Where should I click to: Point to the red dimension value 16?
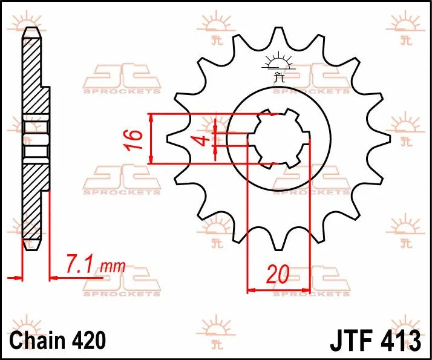136,139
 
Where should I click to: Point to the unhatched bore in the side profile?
34,139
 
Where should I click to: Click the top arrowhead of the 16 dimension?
151,118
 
